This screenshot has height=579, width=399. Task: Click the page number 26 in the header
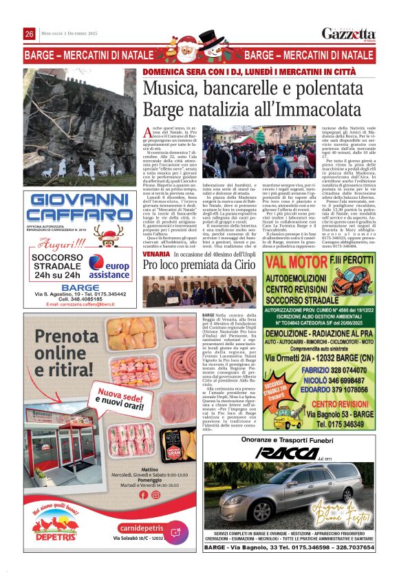pos(30,34)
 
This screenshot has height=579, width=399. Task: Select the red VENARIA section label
pos(156,254)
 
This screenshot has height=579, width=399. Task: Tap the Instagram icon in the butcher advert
pos(155,494)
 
